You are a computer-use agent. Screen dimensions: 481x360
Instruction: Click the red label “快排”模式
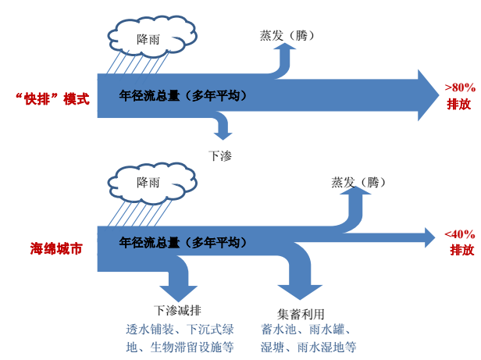(52, 99)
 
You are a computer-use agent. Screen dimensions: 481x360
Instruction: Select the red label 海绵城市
(56, 248)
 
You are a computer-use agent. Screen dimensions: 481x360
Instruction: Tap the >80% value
(460, 87)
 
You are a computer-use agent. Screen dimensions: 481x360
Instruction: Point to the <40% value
(460, 234)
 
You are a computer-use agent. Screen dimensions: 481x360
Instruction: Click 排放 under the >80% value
(459, 105)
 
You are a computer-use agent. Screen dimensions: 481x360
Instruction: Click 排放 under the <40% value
(462, 250)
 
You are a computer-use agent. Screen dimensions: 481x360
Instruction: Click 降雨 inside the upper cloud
(148, 40)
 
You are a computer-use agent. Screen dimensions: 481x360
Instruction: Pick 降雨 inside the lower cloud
(148, 183)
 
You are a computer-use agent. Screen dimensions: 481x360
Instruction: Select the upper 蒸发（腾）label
(287, 36)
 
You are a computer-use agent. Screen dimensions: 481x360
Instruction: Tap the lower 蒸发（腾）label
(358, 183)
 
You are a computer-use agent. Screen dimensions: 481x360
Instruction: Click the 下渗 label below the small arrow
(220, 156)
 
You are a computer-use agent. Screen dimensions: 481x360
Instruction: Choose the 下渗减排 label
(177, 310)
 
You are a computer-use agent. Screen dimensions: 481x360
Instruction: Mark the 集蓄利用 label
(301, 314)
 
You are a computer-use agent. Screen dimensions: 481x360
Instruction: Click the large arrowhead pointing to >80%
(428, 95)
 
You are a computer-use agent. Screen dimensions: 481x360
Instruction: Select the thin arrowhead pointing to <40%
(429, 237)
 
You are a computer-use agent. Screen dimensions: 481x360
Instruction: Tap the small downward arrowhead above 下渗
(223, 136)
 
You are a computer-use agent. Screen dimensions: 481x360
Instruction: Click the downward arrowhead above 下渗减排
(179, 293)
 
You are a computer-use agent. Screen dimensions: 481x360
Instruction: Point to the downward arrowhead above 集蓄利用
(300, 292)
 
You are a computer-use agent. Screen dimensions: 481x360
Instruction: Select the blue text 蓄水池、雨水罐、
(306, 330)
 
